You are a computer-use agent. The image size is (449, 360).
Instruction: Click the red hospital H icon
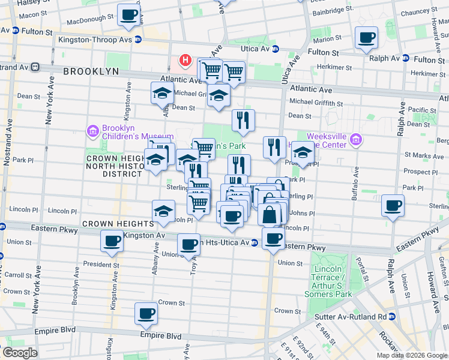tap(185, 61)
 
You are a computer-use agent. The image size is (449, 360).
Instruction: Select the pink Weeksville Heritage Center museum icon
tap(357, 140)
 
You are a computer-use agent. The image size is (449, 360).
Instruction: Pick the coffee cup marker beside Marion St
tap(366, 38)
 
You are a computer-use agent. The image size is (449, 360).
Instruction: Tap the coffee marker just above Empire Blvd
tap(146, 313)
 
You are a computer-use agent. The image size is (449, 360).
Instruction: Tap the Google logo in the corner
tap(20, 353)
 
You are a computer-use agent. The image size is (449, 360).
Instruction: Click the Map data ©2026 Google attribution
tap(412, 355)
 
